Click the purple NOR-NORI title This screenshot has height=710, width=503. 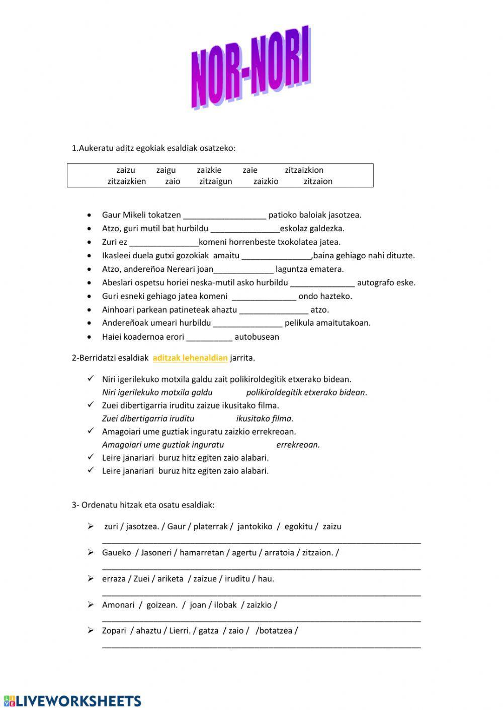click(x=250, y=68)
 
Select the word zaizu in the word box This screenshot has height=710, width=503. click(x=125, y=170)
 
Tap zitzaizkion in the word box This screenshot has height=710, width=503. click(x=304, y=170)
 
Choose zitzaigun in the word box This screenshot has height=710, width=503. click(x=215, y=181)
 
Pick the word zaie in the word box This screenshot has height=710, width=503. click(x=249, y=170)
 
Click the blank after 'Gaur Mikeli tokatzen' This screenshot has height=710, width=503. click(x=224, y=216)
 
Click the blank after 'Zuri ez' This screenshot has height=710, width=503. click(x=163, y=242)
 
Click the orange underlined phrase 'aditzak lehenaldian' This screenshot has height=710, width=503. click(x=190, y=358)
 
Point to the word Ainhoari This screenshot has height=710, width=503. click(x=119, y=310)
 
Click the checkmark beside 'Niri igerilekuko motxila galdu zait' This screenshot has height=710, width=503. click(x=91, y=378)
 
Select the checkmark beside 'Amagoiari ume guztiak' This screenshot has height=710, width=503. click(x=91, y=431)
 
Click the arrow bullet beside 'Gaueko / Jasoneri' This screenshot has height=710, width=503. click(x=91, y=552)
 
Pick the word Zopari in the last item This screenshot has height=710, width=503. click(x=114, y=631)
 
